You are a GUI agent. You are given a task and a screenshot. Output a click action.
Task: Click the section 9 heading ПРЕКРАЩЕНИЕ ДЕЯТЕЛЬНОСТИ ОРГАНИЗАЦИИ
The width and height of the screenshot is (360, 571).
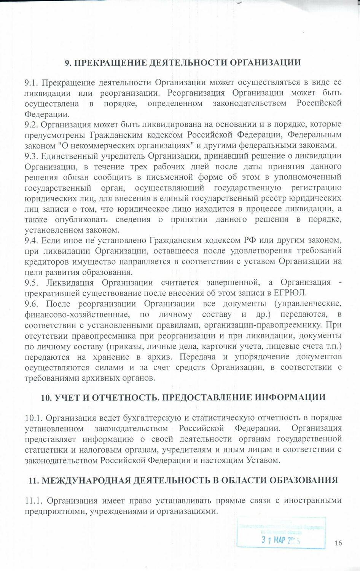[183, 62]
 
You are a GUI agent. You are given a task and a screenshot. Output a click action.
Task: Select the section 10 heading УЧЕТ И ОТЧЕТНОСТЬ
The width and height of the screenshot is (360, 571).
[183, 397]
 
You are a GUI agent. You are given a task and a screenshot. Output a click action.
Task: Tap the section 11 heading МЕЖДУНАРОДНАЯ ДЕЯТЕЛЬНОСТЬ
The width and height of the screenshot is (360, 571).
[183, 480]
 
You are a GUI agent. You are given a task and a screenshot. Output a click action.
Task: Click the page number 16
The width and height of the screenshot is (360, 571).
[338, 543]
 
